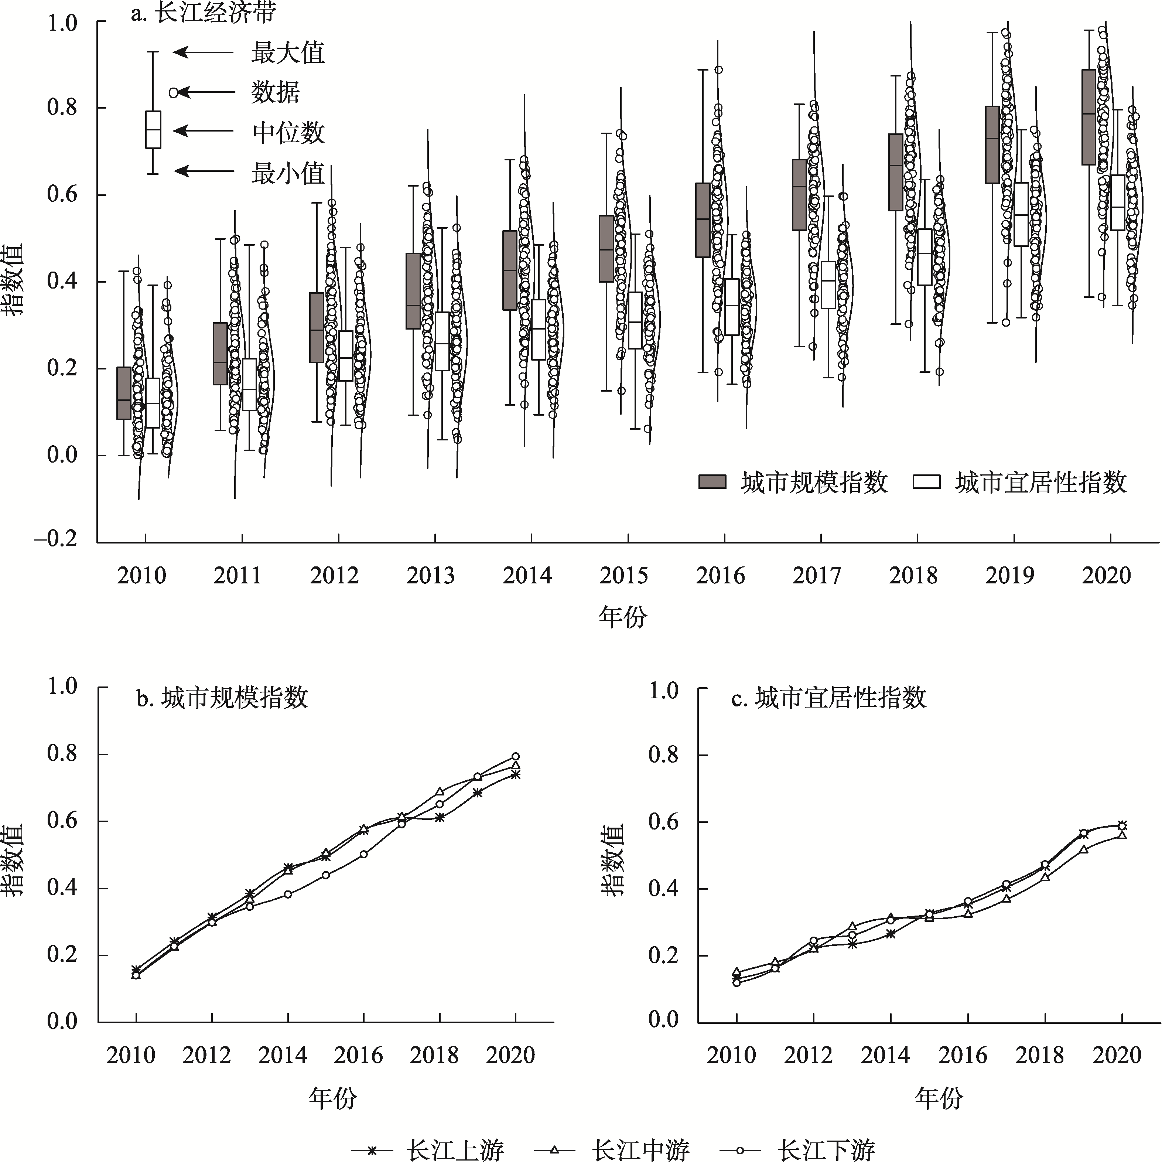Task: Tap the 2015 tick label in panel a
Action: point(624,576)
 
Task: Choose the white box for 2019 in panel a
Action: point(1021,214)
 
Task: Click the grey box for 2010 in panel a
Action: point(124,393)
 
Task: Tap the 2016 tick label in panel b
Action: point(359,1072)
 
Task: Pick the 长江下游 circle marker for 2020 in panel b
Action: point(516,756)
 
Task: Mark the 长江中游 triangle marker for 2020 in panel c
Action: point(1122,835)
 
